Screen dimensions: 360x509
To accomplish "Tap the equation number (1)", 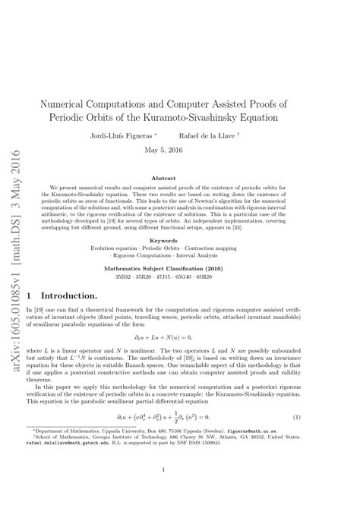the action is point(339,416).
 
